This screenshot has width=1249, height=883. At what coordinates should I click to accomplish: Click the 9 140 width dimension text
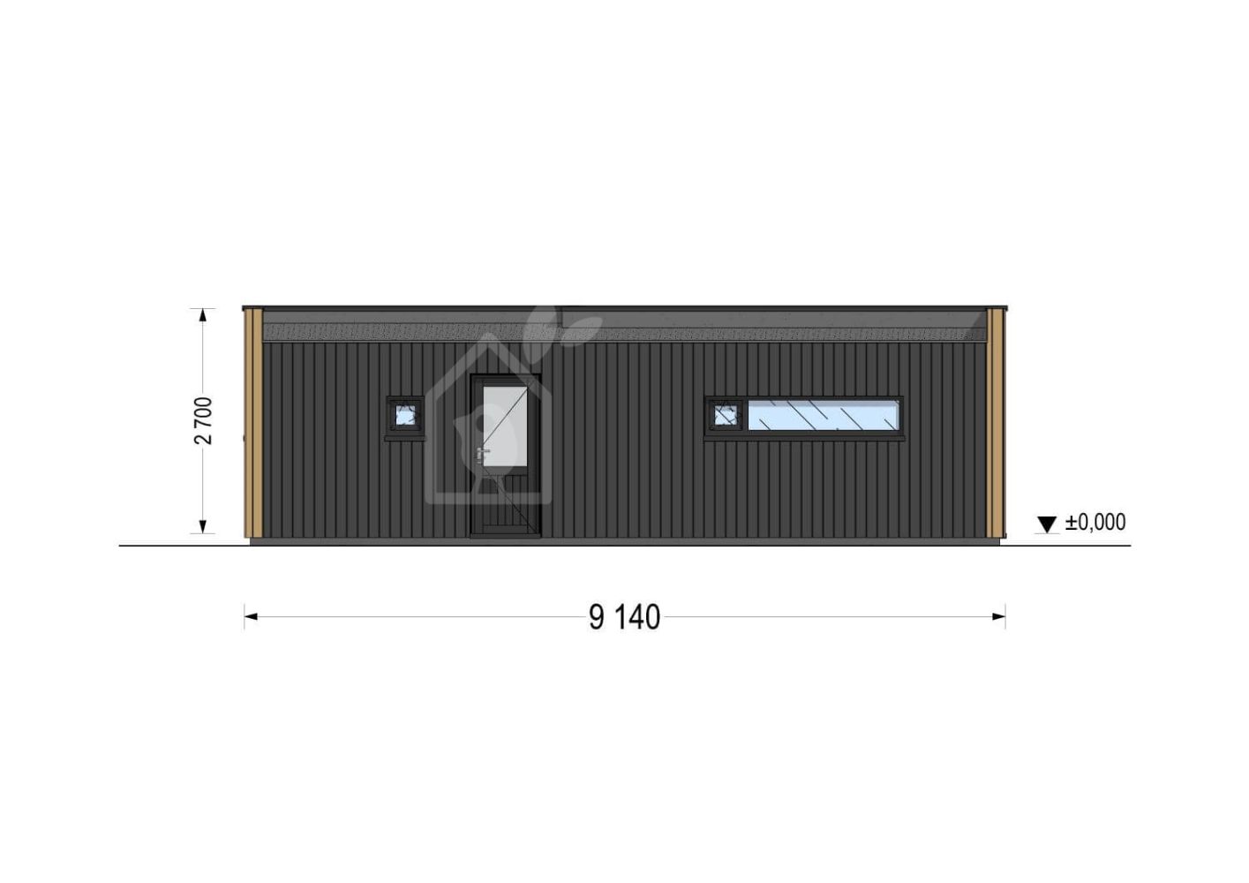click(x=625, y=617)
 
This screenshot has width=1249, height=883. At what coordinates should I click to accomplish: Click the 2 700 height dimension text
click(x=204, y=420)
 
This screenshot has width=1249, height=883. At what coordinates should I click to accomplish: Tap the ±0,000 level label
click(x=1095, y=522)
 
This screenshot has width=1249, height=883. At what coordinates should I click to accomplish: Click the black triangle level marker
click(x=1047, y=525)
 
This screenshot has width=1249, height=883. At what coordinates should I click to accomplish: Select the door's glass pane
click(x=505, y=426)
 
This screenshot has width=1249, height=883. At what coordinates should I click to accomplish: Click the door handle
click(x=481, y=454)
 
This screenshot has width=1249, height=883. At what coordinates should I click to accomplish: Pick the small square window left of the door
click(x=405, y=414)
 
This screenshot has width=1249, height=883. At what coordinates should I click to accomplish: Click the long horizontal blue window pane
click(x=823, y=416)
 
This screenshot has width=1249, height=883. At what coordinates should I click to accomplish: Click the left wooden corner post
click(x=253, y=423)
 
